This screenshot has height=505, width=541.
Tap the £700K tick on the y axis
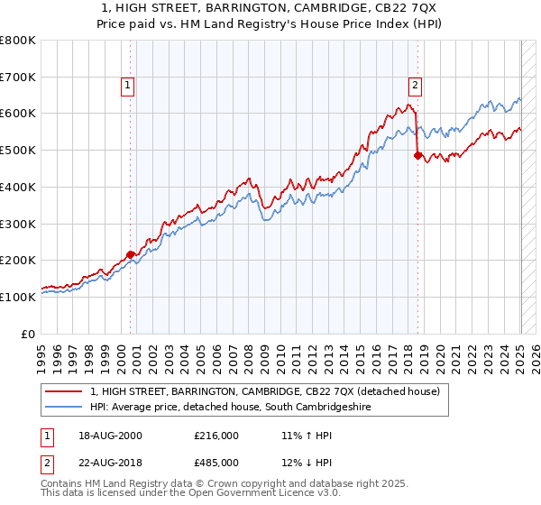tap(18, 77)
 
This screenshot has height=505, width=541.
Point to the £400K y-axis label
tap(18, 187)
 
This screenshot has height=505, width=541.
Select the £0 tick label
tap(28, 334)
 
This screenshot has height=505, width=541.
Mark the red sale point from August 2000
tap(130, 254)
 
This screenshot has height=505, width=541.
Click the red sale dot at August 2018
tap(417, 155)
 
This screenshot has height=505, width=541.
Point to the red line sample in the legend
tap(63, 392)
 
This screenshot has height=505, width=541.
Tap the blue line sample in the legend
tap(63, 408)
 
